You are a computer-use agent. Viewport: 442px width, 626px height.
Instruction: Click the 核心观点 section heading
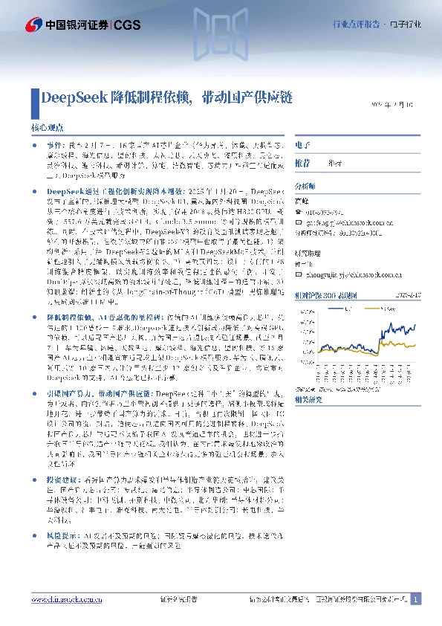pyautogui.click(x=47, y=128)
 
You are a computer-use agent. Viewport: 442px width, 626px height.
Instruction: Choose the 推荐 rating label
pyautogui.click(x=302, y=162)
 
